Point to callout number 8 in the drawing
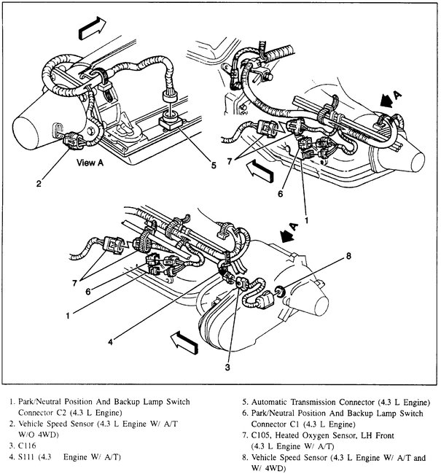click(x=348, y=256)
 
